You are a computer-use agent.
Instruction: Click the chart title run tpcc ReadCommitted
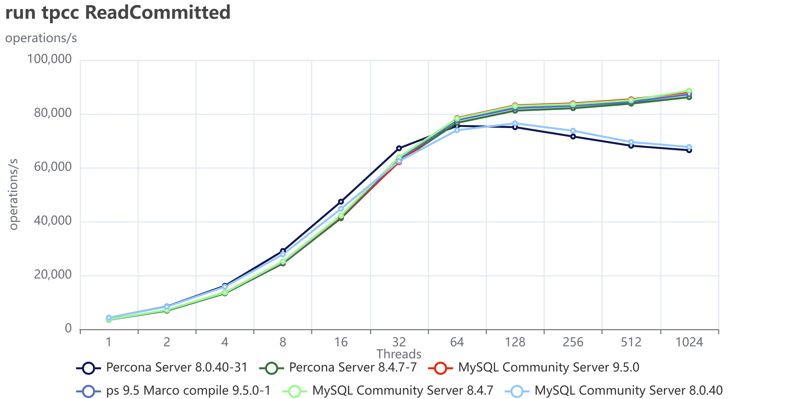[118, 13]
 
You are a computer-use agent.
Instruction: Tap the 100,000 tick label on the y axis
[49, 59]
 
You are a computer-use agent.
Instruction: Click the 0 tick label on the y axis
[68, 328]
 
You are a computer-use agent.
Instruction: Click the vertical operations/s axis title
[13, 195]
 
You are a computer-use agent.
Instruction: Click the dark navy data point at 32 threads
[399, 148]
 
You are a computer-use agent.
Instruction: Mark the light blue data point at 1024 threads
[689, 147]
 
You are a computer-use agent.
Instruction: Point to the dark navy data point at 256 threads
[573, 137]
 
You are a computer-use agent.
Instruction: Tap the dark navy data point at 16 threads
[341, 202]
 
